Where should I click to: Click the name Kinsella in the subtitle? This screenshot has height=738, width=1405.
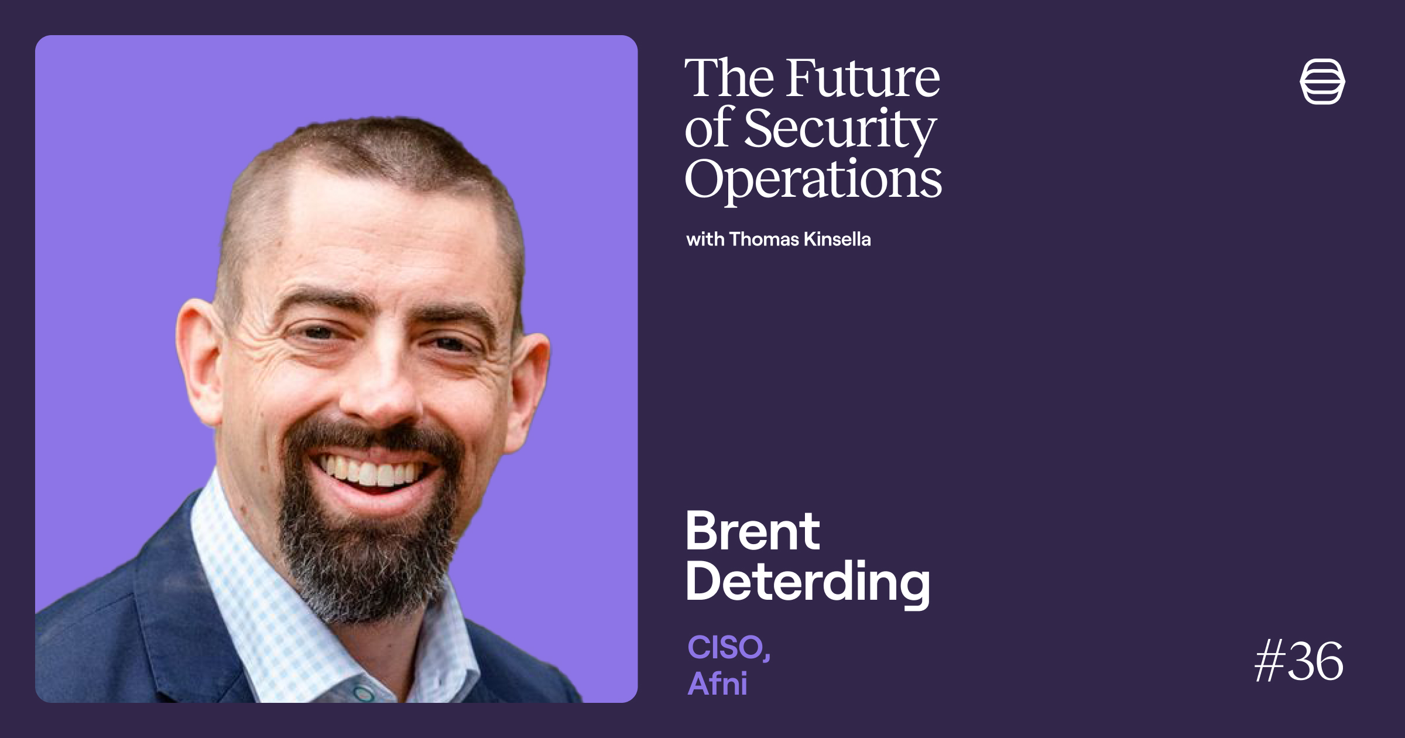(837, 239)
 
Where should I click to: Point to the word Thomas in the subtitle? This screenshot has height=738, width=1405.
(764, 239)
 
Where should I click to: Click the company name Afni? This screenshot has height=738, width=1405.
(718, 683)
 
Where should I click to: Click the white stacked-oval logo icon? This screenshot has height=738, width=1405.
(1322, 81)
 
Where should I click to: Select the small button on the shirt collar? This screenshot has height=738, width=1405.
(363, 693)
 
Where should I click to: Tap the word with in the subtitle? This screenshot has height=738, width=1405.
(705, 239)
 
